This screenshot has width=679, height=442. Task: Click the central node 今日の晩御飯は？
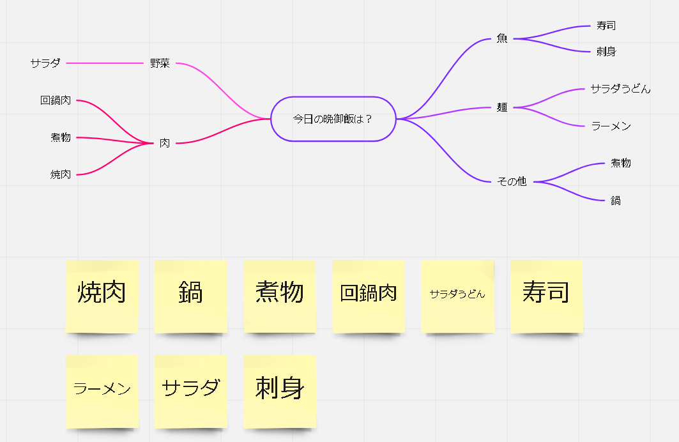[333, 119]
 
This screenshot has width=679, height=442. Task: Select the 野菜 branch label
[160, 63]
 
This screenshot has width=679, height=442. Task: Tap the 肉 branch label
[165, 143]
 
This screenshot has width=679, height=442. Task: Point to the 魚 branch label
[502, 38]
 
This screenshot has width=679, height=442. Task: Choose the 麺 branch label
[502, 107]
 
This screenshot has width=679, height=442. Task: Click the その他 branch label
[512, 181]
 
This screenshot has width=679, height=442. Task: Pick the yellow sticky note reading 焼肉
[102, 296]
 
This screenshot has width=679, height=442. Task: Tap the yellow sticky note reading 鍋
[190, 296]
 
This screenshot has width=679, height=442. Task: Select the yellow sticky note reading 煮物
[279, 296]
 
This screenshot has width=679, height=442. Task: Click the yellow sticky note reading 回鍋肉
[369, 296]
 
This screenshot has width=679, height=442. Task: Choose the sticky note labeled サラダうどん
[457, 296]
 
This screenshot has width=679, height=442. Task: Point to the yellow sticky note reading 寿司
[546, 296]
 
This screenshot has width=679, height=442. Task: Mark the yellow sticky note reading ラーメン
[102, 390]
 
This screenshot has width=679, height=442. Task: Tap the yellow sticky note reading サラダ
[190, 390]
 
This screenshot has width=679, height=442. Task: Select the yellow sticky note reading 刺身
[279, 390]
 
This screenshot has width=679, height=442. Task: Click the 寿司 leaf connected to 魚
[606, 26]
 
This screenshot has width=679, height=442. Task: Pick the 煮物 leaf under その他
[620, 163]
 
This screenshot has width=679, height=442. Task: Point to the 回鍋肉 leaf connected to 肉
[56, 100]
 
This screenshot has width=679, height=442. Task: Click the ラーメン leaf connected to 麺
[611, 126]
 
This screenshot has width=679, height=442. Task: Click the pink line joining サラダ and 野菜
[105, 63]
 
